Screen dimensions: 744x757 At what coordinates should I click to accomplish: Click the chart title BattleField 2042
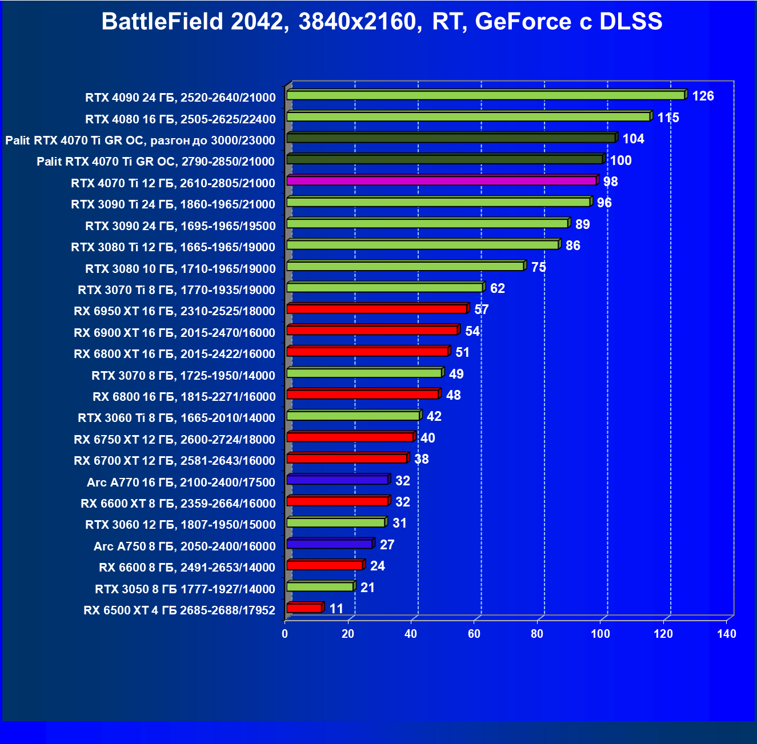[382, 22]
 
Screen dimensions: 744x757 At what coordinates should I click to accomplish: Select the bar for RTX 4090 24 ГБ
[486, 95]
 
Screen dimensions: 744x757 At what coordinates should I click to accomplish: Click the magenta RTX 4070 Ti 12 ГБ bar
[441, 181]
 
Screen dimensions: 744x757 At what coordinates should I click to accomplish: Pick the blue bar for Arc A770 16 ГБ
[337, 480]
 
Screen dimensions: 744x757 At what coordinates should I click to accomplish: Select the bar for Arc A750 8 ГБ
[329, 544]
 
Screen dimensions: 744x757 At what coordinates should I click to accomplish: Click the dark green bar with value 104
[451, 138]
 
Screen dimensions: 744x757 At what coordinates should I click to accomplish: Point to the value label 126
[703, 96]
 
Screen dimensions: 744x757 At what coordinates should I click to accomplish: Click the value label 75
[538, 267]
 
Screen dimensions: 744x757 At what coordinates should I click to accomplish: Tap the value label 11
[337, 609]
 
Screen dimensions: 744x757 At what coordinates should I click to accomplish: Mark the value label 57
[481, 309]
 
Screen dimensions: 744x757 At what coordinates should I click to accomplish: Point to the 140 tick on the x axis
[727, 634]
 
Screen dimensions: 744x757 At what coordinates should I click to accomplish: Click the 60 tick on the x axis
[474, 634]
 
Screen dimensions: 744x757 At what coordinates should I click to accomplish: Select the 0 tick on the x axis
[285, 634]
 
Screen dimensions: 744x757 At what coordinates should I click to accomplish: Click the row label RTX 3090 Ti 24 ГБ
[173, 204]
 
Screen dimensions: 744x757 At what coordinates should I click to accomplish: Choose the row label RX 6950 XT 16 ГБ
[174, 311]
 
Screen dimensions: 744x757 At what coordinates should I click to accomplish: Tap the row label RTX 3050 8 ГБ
[185, 589]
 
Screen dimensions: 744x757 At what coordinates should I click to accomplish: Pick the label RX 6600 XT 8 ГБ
[178, 504]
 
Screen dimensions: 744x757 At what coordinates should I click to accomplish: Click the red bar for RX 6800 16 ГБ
[362, 395]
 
